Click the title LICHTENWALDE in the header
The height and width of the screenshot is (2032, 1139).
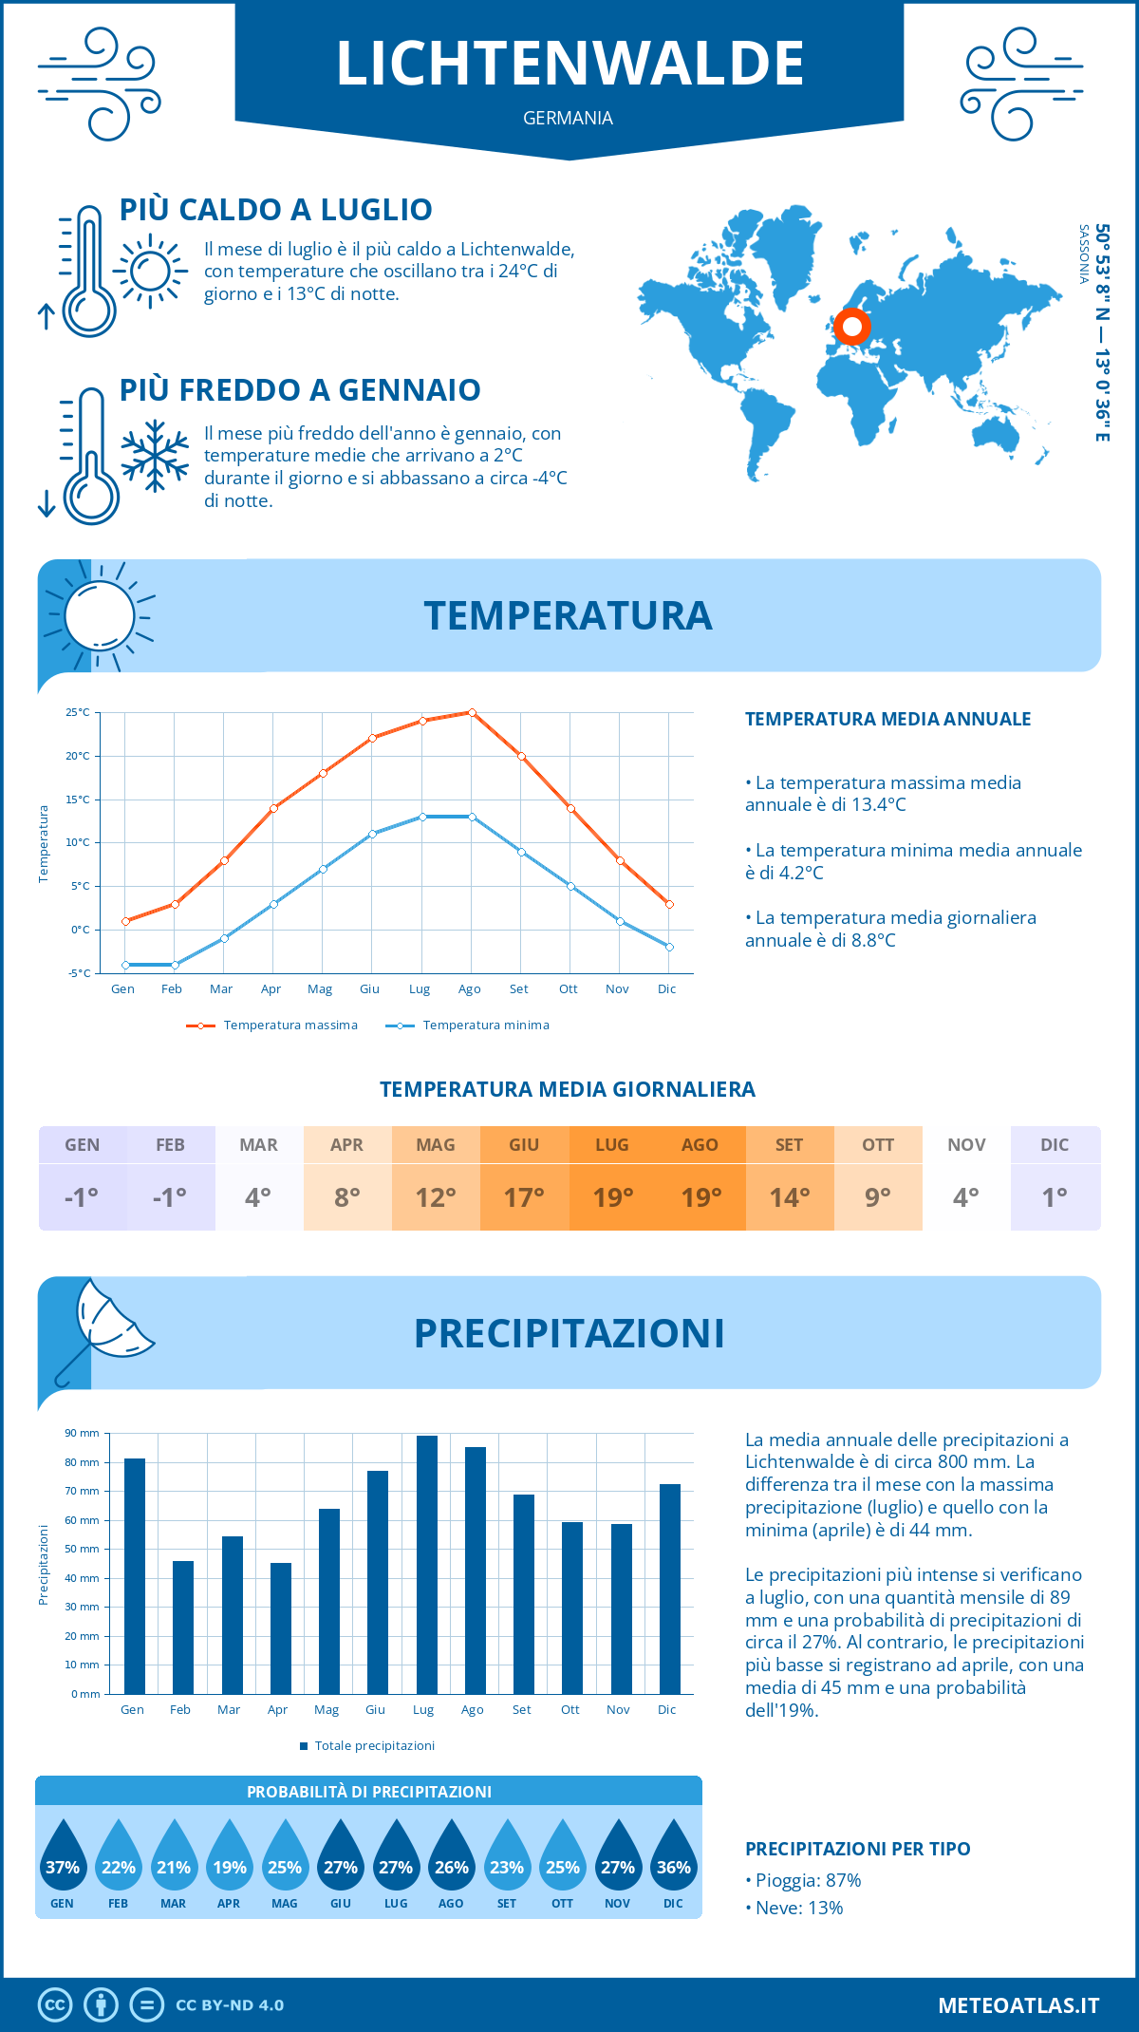pyautogui.click(x=569, y=64)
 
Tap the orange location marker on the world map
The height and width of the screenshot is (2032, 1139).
pyautogui.click(x=852, y=327)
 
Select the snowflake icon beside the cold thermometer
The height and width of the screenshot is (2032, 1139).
pyautogui.click(x=155, y=456)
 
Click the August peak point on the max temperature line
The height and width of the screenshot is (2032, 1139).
pyautogui.click(x=472, y=712)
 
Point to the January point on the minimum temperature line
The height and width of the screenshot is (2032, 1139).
pyautogui.click(x=125, y=965)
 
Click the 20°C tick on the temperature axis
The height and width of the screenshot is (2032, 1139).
pyautogui.click(x=78, y=756)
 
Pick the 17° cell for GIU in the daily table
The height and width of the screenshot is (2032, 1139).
pyautogui.click(x=524, y=1197)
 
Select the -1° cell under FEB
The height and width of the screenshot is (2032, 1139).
pyautogui.click(x=171, y=1197)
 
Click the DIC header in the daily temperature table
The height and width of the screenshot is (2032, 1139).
pyautogui.click(x=1055, y=1145)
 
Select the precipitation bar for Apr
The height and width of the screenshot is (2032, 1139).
pyautogui.click(x=281, y=1627)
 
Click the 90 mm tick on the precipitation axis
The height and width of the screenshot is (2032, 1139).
pyautogui.click(x=83, y=1433)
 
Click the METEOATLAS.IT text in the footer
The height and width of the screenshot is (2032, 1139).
pyautogui.click(x=1018, y=2005)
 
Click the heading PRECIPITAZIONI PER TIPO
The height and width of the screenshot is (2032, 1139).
pyautogui.click(x=857, y=1849)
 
